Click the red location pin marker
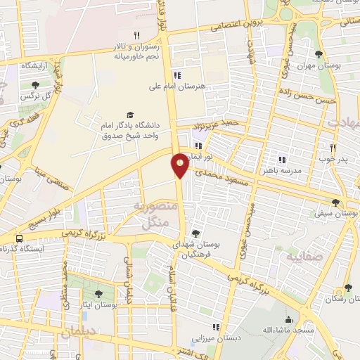[x=180, y=164]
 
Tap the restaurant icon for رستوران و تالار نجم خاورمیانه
[x=137, y=36]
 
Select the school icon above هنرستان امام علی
[x=177, y=75]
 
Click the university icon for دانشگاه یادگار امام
[x=129, y=115]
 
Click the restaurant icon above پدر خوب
[x=333, y=148]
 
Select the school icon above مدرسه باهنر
[x=282, y=160]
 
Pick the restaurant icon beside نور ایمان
[x=198, y=146]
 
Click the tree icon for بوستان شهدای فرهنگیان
[x=195, y=233]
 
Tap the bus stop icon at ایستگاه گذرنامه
[x=19, y=238]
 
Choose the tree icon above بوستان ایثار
[x=98, y=295]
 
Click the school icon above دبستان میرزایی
[x=216, y=327]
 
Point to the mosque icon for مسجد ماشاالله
[x=288, y=319]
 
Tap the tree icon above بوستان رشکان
[x=347, y=288]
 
